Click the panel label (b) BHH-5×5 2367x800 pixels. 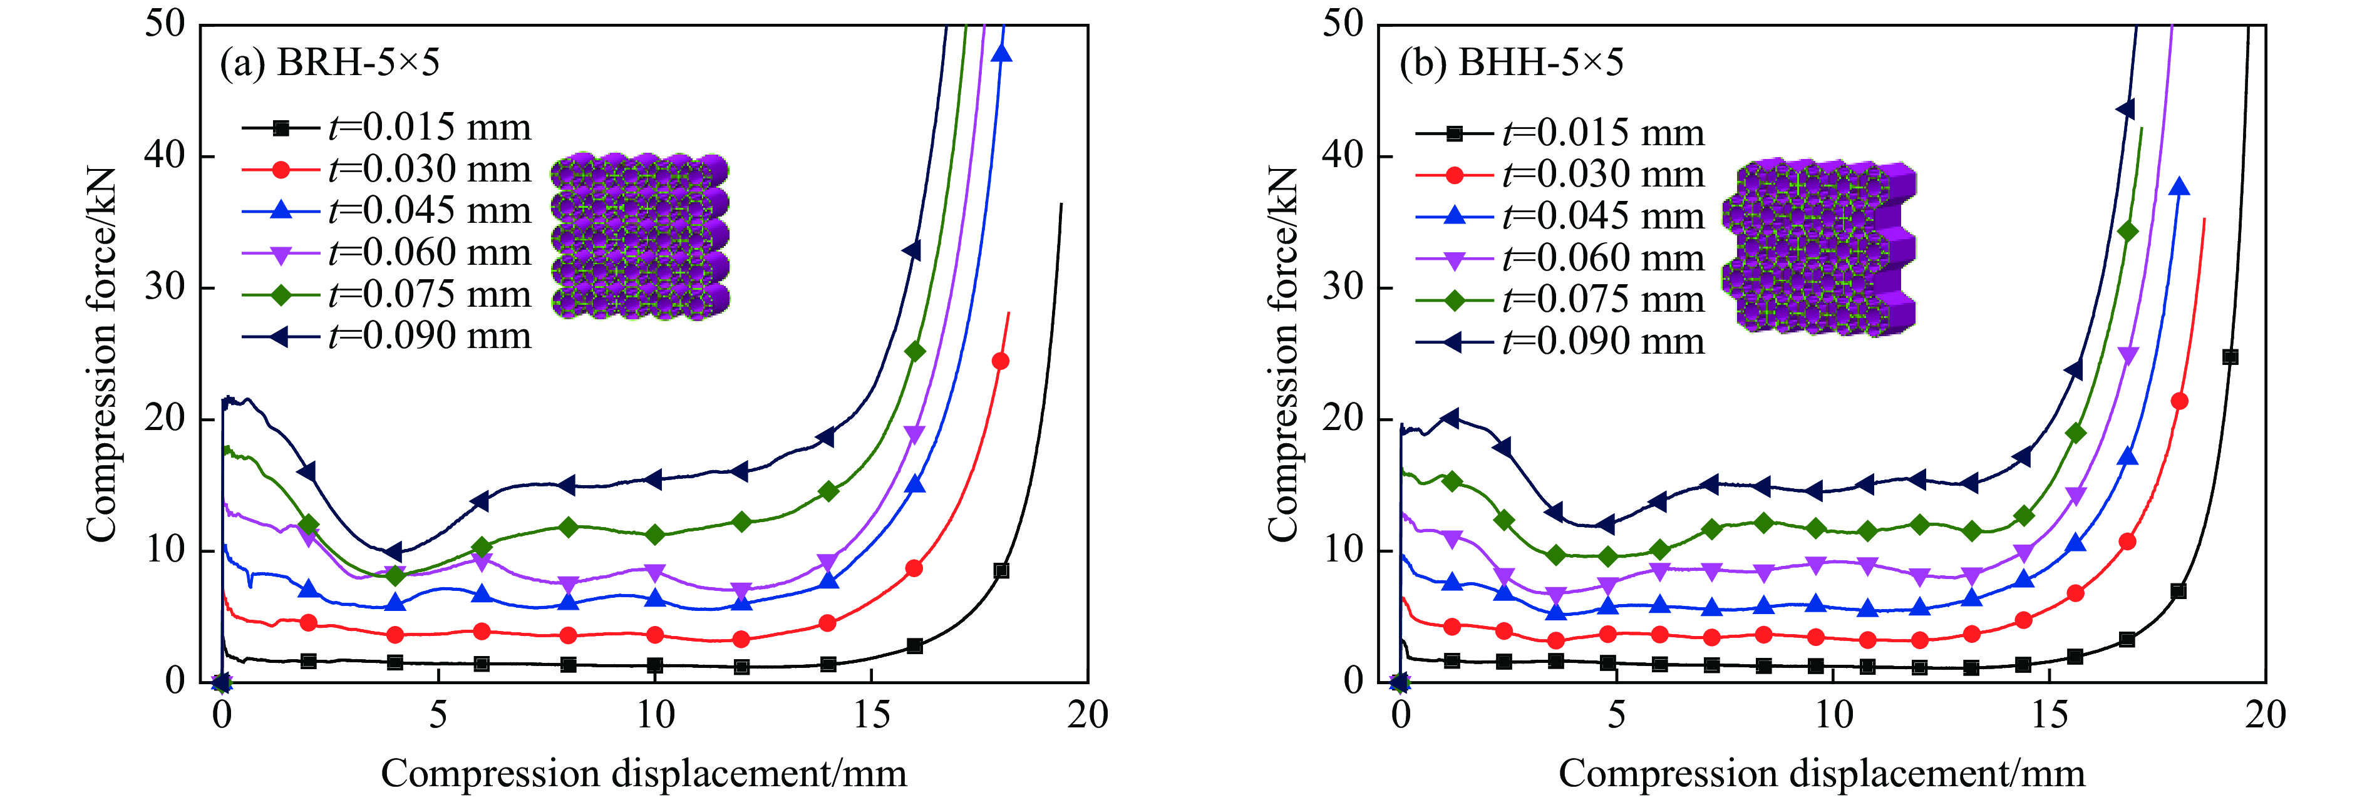1510,63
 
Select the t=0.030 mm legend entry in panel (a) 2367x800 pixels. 386,170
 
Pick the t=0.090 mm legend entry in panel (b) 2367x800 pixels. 1559,342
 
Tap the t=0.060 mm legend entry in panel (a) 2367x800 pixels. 386,254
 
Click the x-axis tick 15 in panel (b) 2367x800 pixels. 2048,715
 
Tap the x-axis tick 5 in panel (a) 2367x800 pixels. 438,715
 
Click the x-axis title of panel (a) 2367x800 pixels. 643,773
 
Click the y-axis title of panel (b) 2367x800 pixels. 1282,354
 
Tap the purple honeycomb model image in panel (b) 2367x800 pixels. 1819,246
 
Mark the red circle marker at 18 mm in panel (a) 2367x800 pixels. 1001,361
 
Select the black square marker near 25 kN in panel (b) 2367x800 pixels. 2230,357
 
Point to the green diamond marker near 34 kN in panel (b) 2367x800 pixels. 2127,232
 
